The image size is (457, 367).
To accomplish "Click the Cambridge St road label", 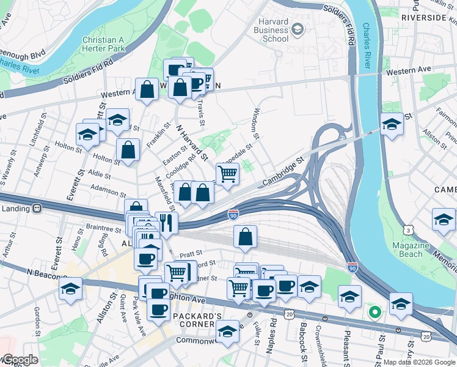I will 283,173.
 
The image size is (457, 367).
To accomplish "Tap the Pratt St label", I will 190,252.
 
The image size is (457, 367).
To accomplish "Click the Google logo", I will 20,360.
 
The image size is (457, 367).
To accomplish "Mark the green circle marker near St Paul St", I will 375,313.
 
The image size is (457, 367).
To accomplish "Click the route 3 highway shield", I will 407,229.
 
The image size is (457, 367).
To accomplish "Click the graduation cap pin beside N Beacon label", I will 71,288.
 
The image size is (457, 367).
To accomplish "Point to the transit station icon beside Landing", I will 37,209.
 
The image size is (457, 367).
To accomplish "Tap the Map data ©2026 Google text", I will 419,362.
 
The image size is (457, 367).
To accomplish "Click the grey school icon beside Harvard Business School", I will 297,29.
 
